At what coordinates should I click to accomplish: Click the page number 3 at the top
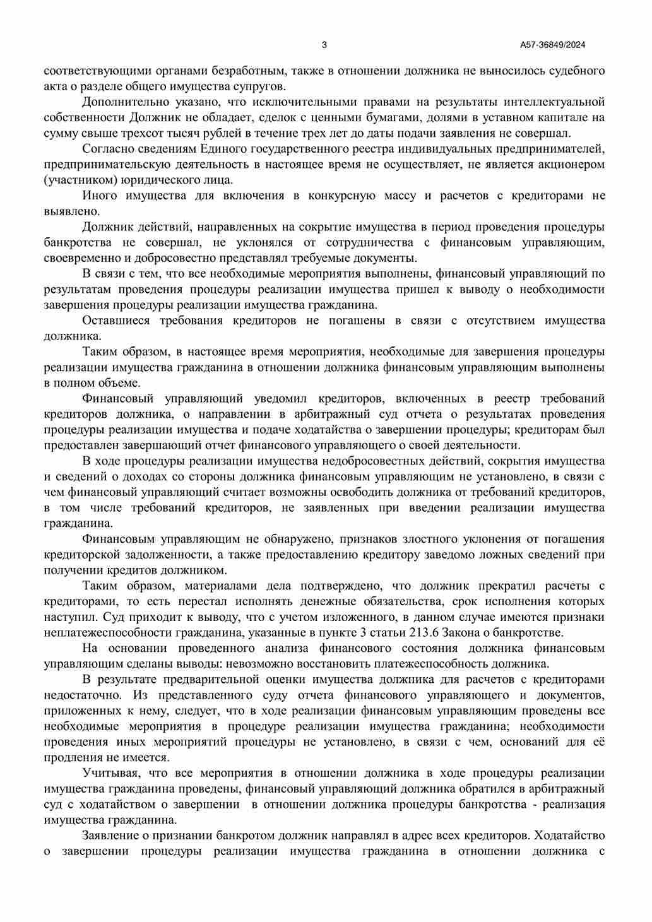point(324,45)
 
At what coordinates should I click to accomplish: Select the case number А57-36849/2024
point(553,45)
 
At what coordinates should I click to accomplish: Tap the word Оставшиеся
point(116,321)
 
